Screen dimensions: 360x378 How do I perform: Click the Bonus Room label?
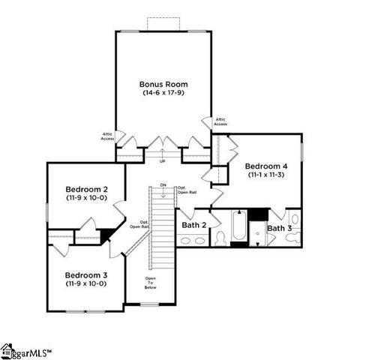click(163, 84)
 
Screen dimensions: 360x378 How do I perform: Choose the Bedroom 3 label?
click(85, 274)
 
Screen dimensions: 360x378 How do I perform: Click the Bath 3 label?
click(279, 227)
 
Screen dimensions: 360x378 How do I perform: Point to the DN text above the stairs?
click(163, 184)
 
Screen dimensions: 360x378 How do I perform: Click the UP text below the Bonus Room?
click(163, 160)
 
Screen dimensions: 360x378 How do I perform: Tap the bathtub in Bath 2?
click(238, 229)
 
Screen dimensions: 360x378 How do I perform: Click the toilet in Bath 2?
click(220, 238)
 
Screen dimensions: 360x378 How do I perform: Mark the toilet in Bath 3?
click(294, 237)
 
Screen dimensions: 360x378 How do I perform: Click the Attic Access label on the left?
click(108, 136)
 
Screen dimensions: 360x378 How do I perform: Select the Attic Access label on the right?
click(220, 121)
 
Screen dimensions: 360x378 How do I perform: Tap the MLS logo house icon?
click(7, 349)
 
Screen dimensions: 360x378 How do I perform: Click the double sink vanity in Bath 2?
click(193, 241)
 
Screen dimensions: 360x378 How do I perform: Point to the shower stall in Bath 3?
click(257, 232)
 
